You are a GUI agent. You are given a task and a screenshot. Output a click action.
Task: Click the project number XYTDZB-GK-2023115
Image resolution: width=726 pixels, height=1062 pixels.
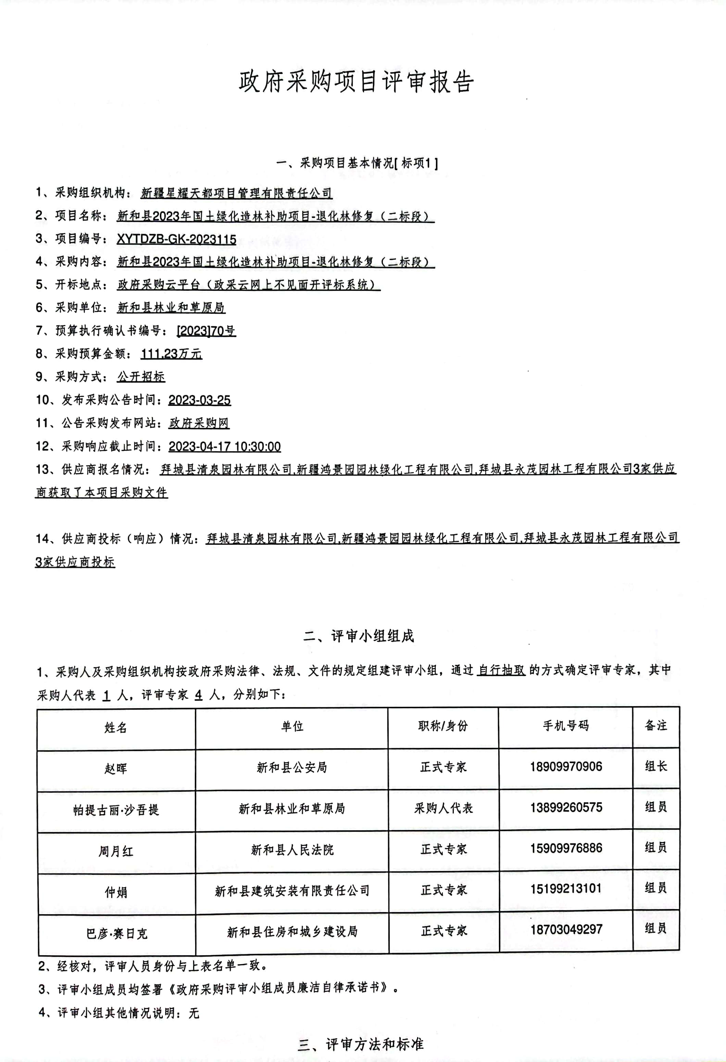[177, 239]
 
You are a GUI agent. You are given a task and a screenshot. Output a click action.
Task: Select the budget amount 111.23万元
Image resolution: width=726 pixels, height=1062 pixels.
[171, 354]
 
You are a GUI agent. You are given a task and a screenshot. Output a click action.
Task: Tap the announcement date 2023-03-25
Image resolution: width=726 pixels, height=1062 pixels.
[199, 400]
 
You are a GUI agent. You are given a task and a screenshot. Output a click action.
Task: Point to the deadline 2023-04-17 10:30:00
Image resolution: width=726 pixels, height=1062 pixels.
[225, 446]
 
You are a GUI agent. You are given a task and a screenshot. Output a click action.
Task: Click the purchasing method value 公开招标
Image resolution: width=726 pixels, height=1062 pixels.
[141, 377]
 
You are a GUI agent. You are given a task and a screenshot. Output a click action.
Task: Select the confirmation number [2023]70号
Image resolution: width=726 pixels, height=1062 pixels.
[206, 331]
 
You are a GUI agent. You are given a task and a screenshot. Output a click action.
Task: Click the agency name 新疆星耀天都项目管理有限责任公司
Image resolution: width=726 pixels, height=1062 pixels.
[236, 193]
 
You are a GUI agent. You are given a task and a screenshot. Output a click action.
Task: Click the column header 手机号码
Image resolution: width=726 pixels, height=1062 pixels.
[565, 726]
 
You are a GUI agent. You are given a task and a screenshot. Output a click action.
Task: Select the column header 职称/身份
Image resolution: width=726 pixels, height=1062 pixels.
[443, 726]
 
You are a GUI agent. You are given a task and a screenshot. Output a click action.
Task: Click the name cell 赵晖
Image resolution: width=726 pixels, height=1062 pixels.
[116, 768]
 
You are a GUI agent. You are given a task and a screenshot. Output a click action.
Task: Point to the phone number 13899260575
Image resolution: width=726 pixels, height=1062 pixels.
[566, 807]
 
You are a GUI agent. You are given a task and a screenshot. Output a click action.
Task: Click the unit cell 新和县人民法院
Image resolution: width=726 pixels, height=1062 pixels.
[292, 850]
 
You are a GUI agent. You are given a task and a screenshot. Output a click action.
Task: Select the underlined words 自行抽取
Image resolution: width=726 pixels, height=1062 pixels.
[501, 670]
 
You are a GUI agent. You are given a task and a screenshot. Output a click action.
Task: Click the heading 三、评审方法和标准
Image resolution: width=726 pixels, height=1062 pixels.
[361, 1044]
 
